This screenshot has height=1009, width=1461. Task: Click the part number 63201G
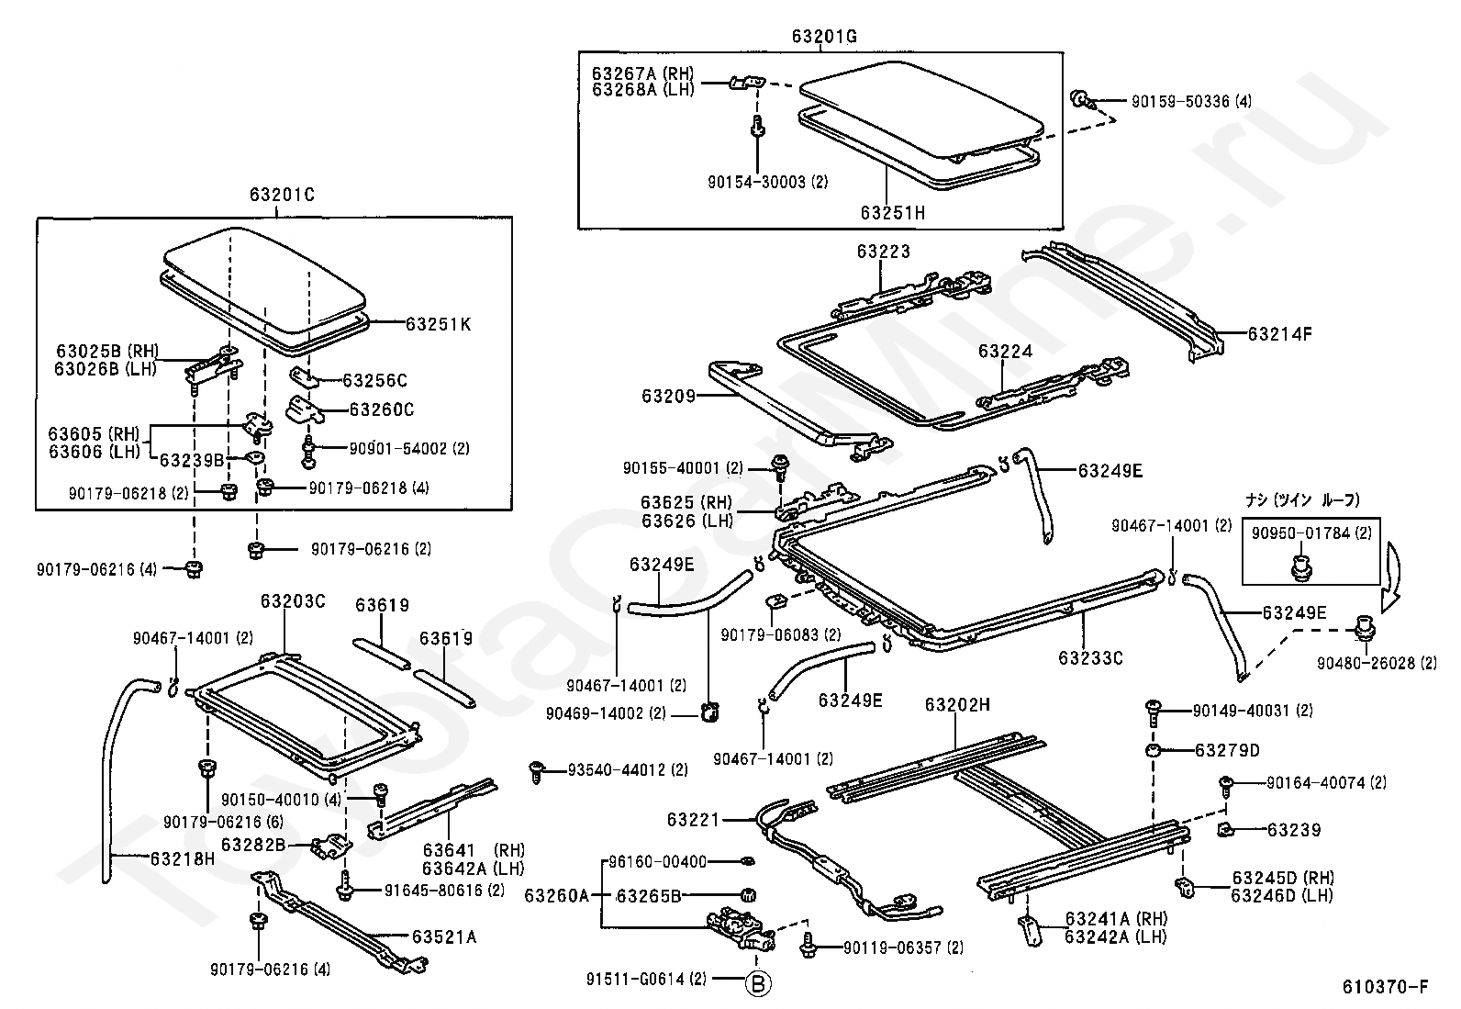click(824, 36)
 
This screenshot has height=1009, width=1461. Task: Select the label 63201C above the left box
click(281, 195)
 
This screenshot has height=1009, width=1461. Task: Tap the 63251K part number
click(439, 324)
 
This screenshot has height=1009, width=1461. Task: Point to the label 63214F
click(1280, 334)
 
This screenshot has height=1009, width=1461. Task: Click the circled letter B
click(758, 983)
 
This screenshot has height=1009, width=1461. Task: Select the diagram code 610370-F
click(1385, 987)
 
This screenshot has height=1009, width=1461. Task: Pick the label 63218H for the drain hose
click(182, 859)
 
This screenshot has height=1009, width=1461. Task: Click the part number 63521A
click(444, 937)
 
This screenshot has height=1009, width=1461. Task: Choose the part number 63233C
click(1090, 657)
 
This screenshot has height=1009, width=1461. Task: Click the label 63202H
click(957, 704)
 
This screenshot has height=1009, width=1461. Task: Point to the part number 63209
click(669, 396)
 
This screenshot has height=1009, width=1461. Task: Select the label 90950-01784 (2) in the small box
click(1310, 533)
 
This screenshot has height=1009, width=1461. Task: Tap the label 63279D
click(1227, 750)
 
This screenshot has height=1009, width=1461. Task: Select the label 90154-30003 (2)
click(767, 182)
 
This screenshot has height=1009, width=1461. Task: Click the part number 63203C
click(293, 601)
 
